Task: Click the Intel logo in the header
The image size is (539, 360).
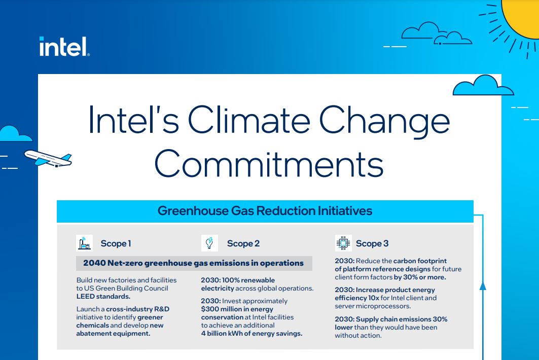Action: coord(64,47)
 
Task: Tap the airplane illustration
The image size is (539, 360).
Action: coord(48,159)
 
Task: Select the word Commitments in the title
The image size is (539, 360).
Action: coord(269,164)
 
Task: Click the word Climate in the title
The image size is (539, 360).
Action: coord(249,120)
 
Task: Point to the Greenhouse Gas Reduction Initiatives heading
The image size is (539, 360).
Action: coord(265,211)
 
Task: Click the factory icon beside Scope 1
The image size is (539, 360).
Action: coord(84,243)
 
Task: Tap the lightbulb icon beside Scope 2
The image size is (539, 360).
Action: coord(209,243)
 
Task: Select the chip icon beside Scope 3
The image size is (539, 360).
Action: coord(343,243)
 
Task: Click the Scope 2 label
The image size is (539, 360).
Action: coord(243,243)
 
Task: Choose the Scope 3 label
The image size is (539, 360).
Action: coord(372,243)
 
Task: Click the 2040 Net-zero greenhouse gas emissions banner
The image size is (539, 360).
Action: coord(194,263)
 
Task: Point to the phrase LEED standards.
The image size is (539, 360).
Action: coord(103,297)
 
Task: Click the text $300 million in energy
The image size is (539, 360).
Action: coord(237,309)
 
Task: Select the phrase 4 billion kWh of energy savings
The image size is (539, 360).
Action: coord(251,333)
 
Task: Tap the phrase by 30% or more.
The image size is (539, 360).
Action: coord(420,277)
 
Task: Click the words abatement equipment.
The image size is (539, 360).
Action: coord(113,333)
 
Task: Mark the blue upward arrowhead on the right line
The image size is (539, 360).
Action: coord(483,286)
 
